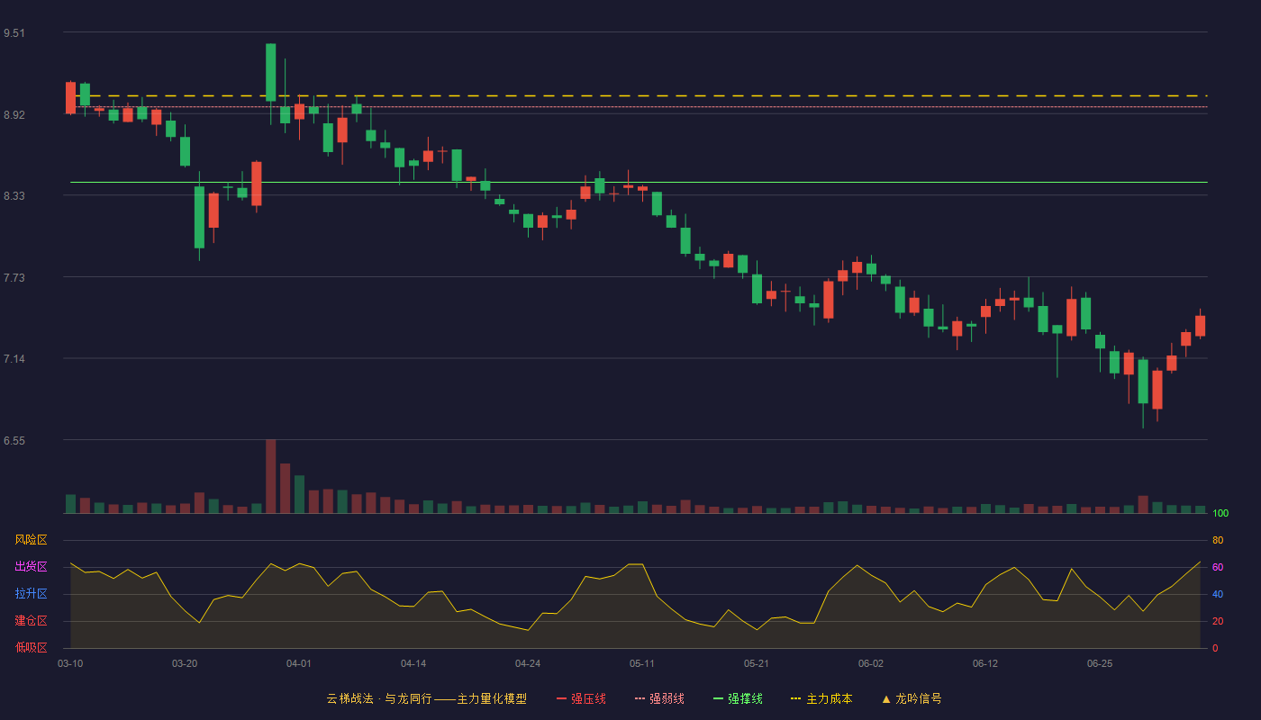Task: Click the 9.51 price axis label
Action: (14, 33)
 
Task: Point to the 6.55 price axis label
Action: (14, 441)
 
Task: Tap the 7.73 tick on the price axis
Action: (14, 278)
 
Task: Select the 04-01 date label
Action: (298, 664)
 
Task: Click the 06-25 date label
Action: (1100, 664)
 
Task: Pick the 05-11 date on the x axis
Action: (641, 664)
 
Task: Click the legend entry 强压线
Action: (581, 698)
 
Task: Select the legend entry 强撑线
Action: (738, 698)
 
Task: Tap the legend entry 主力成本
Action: (821, 698)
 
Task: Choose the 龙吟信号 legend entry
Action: (912, 698)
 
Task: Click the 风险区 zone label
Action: (31, 540)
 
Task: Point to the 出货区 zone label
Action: (31, 566)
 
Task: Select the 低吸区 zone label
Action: (31, 647)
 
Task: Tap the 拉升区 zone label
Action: (31, 593)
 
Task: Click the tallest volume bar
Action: (271, 476)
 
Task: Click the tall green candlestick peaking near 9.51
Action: (271, 73)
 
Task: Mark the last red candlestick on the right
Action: (1200, 326)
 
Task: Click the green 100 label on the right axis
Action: (1220, 513)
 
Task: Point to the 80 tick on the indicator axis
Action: (1218, 540)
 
